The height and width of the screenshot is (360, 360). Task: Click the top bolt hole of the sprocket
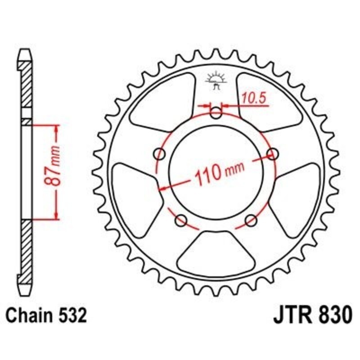point(217,114)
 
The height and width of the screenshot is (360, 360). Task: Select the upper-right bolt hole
point(273,154)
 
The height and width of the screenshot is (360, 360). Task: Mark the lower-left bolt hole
point(181,220)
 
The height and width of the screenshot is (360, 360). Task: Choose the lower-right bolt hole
point(251,220)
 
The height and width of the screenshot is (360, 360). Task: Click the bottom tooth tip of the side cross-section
point(26,288)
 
